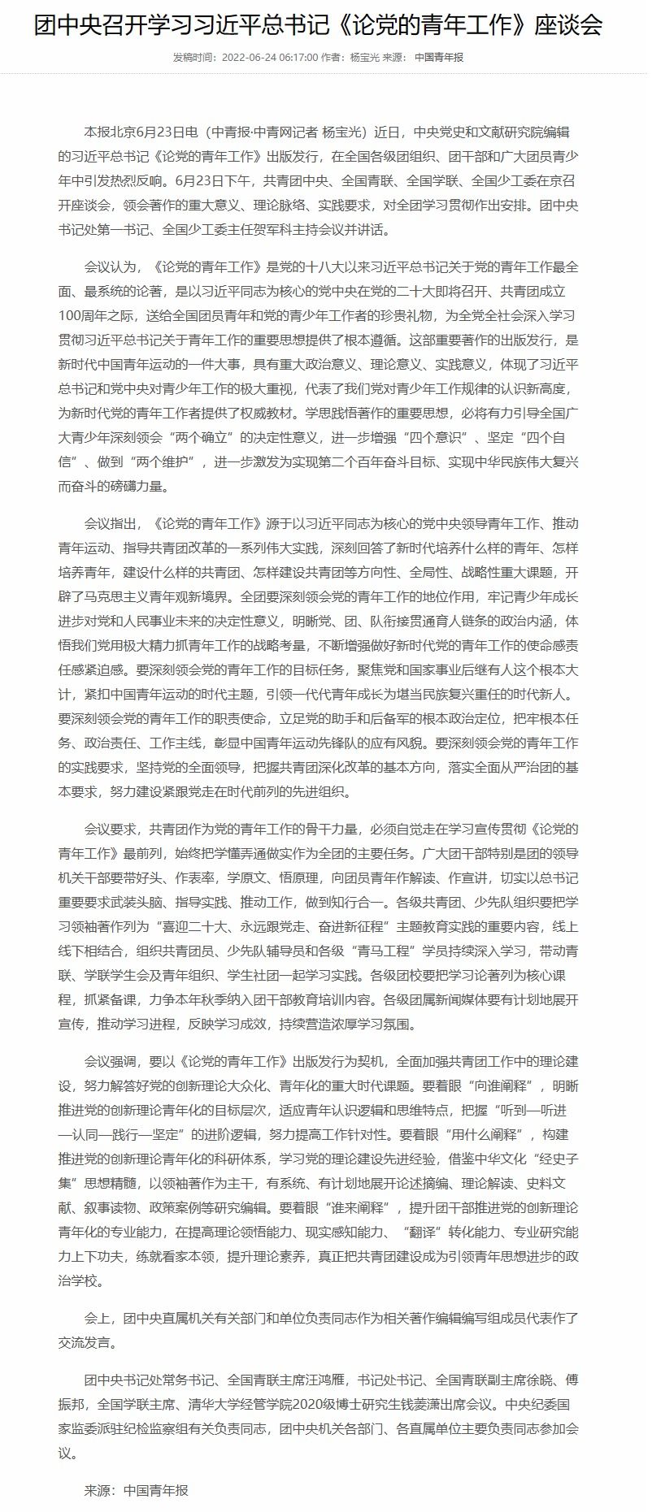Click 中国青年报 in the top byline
coord(440,58)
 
